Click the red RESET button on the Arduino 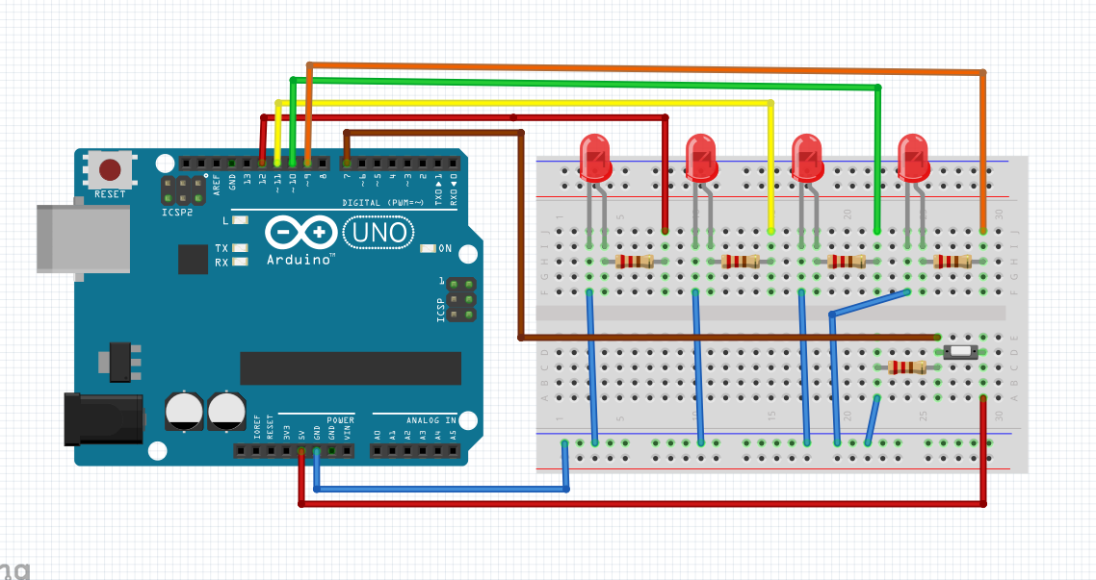110,170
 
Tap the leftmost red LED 595,156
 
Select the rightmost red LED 913,156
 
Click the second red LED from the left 701,156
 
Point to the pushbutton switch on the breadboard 961,352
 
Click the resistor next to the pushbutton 906,366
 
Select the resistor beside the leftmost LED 634,262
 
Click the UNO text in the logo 378,232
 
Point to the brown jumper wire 520,240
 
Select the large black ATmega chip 351,368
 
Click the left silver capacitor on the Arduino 183,410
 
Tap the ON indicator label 445,248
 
